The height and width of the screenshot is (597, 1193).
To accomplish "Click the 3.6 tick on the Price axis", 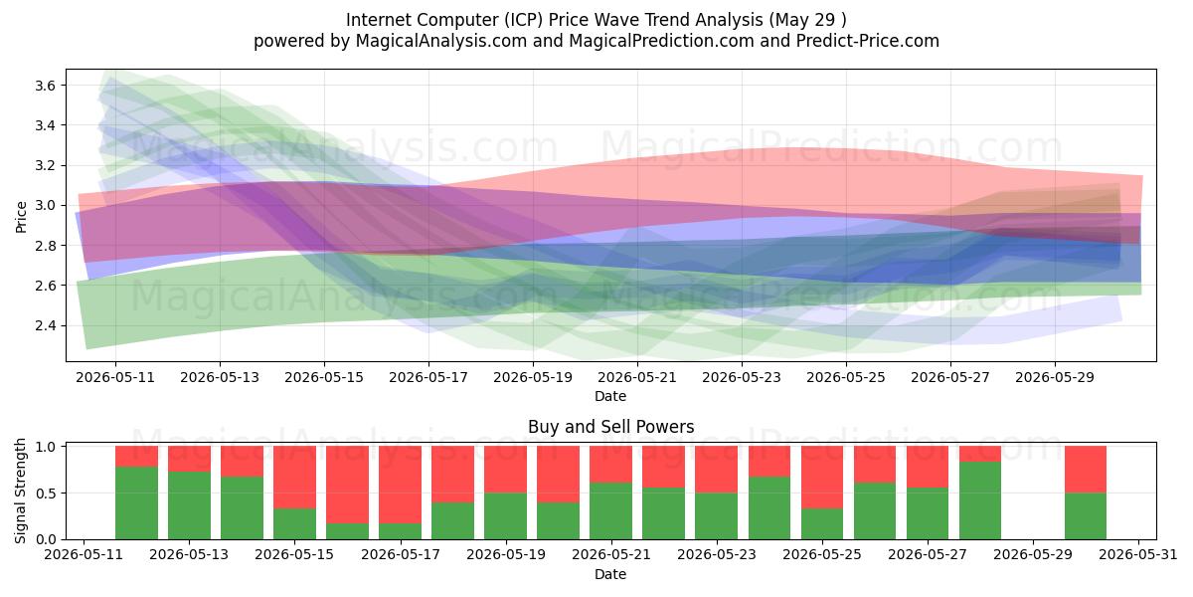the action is click(x=45, y=86).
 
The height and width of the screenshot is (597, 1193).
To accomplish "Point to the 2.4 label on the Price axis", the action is click(x=45, y=325).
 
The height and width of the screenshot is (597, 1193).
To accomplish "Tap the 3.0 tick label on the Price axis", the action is click(x=45, y=206).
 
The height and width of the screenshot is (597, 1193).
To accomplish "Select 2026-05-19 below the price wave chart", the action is click(x=533, y=377).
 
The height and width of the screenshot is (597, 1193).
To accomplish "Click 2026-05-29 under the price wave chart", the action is click(x=1055, y=377).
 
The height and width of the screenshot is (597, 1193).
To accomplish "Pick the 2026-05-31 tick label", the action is click(x=1138, y=554).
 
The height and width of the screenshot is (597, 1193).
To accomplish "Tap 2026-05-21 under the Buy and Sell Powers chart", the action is click(x=610, y=554).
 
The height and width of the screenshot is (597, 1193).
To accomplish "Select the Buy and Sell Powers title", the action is click(x=610, y=427).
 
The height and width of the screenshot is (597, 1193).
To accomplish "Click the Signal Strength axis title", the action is click(x=20, y=491).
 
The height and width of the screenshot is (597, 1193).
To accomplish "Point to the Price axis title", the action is click(x=21, y=218).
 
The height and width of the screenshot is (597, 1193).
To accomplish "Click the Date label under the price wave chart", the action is click(x=610, y=396).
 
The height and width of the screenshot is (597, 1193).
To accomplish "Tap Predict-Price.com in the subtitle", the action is click(x=868, y=41).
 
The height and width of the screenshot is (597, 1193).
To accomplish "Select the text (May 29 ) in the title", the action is click(x=807, y=20).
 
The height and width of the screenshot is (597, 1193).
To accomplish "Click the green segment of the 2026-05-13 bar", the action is click(x=189, y=505).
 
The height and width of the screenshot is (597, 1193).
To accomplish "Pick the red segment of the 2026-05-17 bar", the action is click(x=400, y=485).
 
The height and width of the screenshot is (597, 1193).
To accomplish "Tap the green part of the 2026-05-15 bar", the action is click(x=294, y=524).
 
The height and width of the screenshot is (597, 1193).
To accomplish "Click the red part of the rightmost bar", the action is click(x=1086, y=470).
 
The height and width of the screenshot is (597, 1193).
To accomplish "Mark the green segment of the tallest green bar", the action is click(x=980, y=500).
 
